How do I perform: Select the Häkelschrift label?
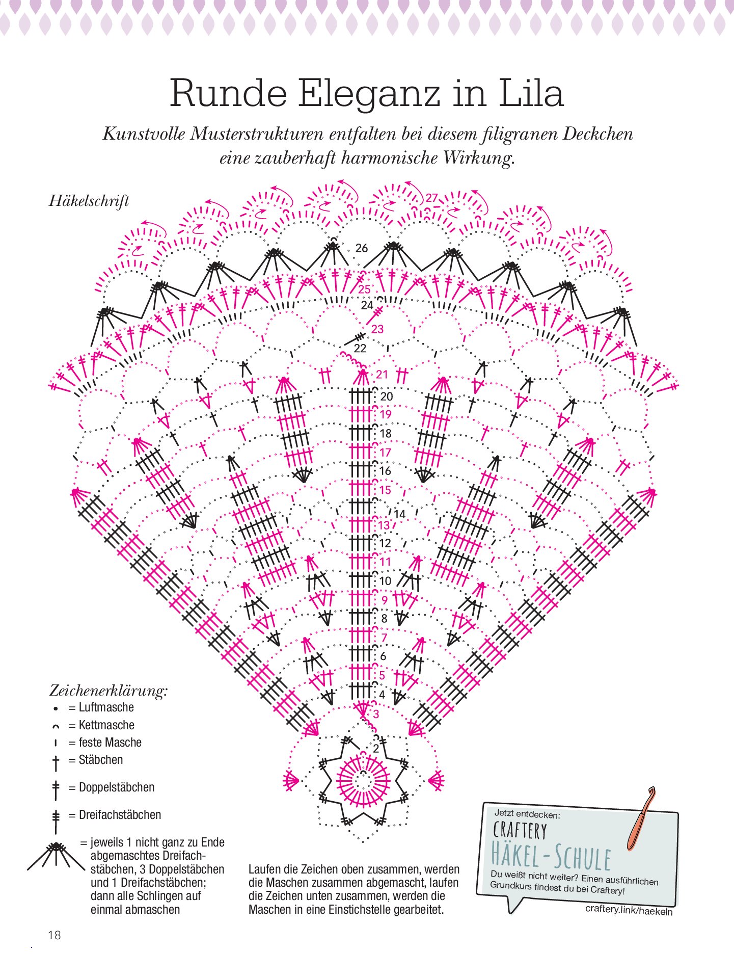point(89,200)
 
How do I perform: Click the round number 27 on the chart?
point(432,198)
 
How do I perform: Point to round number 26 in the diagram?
point(361,248)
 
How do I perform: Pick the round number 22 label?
point(360,348)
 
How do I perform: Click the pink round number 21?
point(382,374)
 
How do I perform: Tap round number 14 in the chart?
point(399,514)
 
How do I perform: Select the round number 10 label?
point(385,580)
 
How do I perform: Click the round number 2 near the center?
point(376,749)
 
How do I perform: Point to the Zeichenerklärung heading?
point(108,691)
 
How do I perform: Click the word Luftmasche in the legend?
point(106,707)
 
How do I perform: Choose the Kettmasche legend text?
point(106,725)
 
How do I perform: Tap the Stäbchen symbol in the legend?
point(56,762)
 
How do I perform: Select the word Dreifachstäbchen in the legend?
point(120,814)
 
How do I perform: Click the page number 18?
point(55,935)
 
